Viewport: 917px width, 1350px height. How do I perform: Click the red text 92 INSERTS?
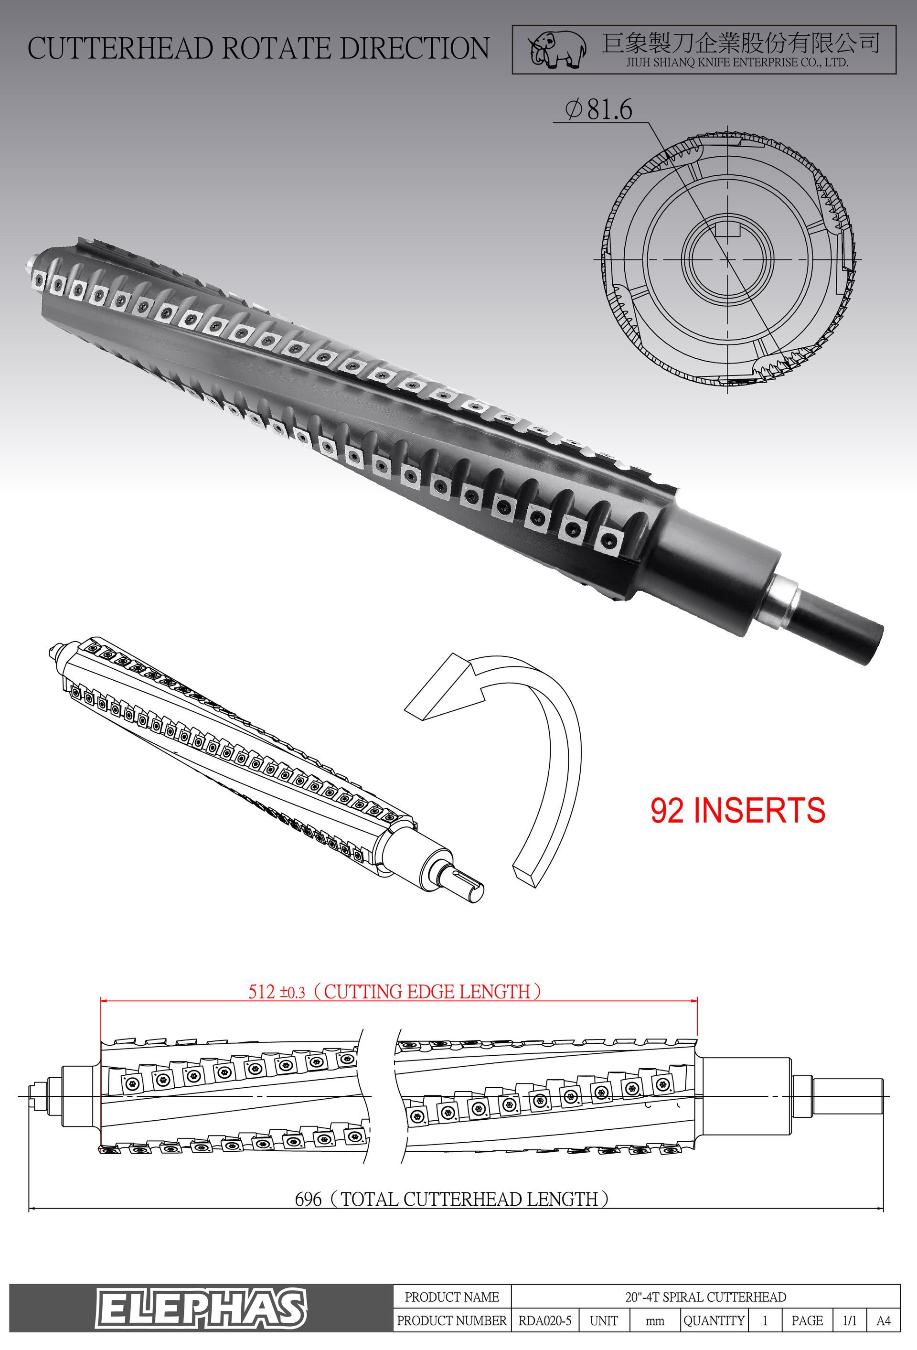[x=737, y=810]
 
